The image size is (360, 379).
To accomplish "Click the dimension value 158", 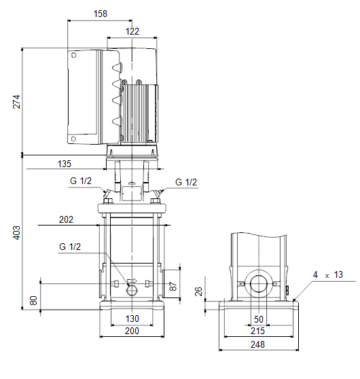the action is [101, 14].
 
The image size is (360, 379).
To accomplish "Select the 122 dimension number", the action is [132, 31].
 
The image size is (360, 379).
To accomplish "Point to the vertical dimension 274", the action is [16, 102].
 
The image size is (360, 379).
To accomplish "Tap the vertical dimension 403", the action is [16, 233].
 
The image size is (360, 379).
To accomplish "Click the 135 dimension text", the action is [65, 164].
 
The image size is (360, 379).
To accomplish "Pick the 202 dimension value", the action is [66, 219].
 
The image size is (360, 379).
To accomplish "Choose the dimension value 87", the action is [173, 286].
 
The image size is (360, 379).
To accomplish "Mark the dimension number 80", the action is [33, 300].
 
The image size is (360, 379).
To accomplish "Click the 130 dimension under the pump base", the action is [132, 319].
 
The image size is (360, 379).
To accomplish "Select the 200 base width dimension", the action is [132, 331].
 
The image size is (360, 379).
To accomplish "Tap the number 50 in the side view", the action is [259, 319].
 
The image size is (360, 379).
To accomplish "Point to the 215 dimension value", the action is [257, 331].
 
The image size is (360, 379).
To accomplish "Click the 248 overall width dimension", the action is [257, 344].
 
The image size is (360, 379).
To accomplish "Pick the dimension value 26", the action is [198, 291].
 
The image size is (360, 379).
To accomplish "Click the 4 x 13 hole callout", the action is [328, 275].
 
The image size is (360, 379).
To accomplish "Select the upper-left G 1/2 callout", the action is [81, 181].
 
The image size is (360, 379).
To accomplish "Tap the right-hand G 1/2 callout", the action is [186, 182].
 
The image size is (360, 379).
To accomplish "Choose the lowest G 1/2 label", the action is [70, 247].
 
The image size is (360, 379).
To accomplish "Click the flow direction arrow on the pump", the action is [132, 281].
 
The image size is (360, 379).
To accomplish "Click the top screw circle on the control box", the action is [74, 55].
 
